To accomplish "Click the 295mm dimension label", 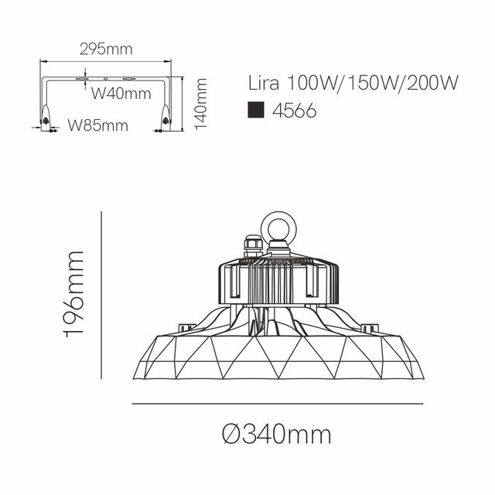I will coord(106,49).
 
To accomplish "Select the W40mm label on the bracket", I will coord(121,94).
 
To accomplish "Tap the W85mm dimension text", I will coord(97,125).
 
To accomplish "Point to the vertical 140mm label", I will coord(203,104).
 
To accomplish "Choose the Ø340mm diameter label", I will coord(276,435).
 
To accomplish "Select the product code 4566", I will coord(294,111).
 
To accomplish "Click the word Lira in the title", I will coord(265,82).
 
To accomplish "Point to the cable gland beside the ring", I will coord(253,246).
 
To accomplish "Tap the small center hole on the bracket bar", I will coord(106,79).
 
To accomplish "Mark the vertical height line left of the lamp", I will coord(102,294).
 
